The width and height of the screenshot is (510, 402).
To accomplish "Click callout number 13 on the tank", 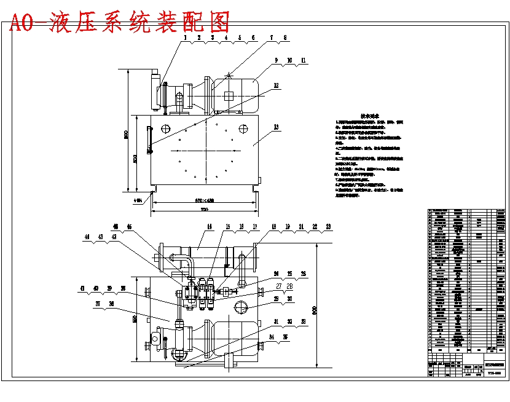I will [x=276, y=127].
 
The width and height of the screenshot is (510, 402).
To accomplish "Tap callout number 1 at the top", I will [x=184, y=37].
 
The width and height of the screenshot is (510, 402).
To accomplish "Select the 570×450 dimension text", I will [x=204, y=200].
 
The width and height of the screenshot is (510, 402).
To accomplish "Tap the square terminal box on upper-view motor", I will [x=229, y=95].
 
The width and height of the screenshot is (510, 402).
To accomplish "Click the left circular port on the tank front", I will [x=166, y=128].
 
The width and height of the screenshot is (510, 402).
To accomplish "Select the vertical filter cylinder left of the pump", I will [x=154, y=92].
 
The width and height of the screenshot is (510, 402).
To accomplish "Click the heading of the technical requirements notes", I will [x=369, y=116].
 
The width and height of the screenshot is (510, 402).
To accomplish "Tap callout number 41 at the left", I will [x=82, y=288].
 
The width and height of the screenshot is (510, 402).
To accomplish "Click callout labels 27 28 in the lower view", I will [x=284, y=286].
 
